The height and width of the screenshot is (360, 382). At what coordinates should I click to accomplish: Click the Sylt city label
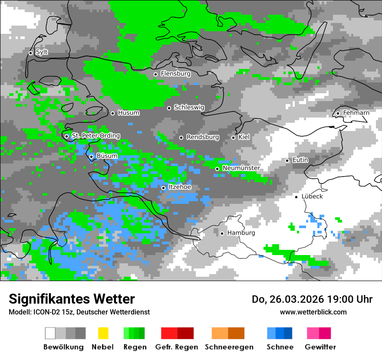(42, 52)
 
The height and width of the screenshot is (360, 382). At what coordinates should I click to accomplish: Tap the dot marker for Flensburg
(155, 74)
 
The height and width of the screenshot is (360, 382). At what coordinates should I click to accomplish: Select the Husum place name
(128, 113)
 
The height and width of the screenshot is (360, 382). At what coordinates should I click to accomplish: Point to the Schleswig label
(189, 108)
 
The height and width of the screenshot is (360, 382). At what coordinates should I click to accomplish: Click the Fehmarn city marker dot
(338, 114)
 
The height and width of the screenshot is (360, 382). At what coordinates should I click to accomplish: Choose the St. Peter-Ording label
(95, 136)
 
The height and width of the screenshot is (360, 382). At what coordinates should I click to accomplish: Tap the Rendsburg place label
(203, 137)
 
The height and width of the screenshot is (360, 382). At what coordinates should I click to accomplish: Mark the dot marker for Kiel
(233, 137)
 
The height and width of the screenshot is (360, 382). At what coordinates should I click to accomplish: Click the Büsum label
(107, 156)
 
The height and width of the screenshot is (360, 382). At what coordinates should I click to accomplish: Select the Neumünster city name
(241, 168)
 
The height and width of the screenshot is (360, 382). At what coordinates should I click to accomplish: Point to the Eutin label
(300, 160)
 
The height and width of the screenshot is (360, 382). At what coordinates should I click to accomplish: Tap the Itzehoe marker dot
(163, 188)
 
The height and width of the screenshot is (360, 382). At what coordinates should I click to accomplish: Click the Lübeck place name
(312, 196)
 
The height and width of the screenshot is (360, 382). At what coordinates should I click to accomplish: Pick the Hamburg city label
(241, 233)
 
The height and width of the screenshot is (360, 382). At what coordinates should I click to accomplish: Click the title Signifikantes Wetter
(72, 299)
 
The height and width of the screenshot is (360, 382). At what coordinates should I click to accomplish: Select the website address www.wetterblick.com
(313, 312)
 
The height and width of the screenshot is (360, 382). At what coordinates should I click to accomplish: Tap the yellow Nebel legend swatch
(103, 333)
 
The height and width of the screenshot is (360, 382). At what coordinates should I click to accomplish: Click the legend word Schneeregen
(228, 347)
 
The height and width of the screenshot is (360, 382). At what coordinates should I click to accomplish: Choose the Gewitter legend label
(320, 347)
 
